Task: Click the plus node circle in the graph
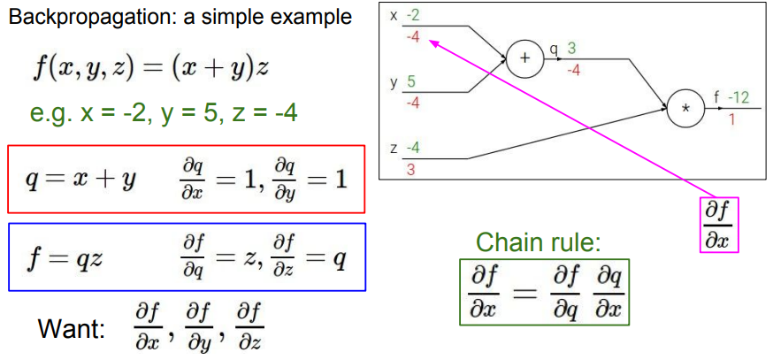[524, 60]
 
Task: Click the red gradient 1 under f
[732, 119]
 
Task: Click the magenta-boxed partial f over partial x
[719, 225]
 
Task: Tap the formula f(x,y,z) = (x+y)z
[150, 68]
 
